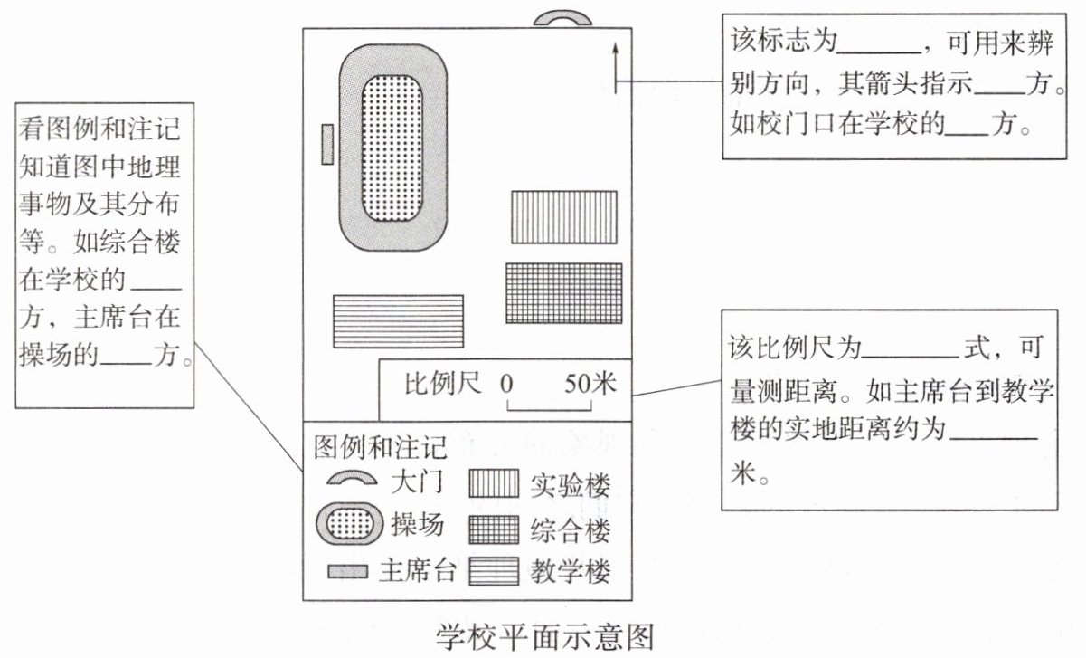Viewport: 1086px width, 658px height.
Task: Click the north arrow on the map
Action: click(x=615, y=65)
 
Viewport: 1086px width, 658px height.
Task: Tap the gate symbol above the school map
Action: click(x=562, y=18)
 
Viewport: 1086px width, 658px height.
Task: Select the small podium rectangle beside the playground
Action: click(x=327, y=145)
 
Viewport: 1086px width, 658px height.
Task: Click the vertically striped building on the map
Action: click(x=564, y=217)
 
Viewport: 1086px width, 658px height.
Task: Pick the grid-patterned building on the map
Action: click(x=564, y=293)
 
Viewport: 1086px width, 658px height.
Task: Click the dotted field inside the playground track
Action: click(x=392, y=148)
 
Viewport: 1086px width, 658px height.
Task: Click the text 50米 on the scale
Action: click(x=590, y=384)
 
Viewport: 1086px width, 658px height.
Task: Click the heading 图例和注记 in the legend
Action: click(x=380, y=446)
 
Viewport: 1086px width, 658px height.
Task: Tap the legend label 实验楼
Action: click(x=571, y=485)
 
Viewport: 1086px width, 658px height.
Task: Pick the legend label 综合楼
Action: click(x=571, y=529)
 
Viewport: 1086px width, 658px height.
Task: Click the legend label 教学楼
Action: click(x=571, y=571)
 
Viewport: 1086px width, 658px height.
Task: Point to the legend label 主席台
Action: click(x=417, y=571)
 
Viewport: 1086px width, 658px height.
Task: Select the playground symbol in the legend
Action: click(x=348, y=526)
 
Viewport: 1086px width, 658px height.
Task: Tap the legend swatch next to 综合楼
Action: click(x=494, y=529)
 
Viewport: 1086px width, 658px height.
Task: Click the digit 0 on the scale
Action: click(x=506, y=384)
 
